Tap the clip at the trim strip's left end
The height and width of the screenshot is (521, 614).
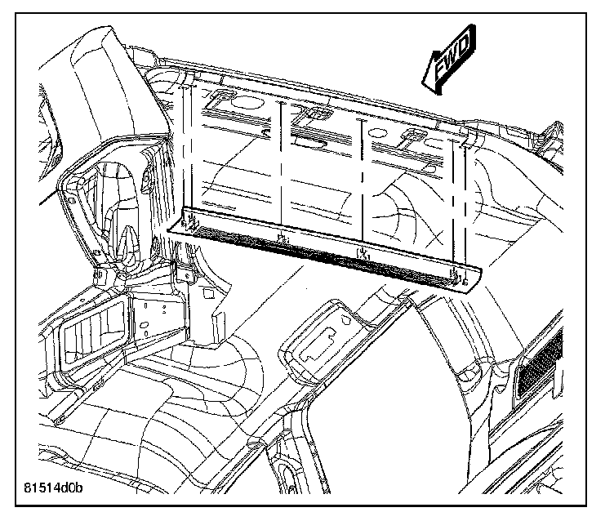[x=192, y=222]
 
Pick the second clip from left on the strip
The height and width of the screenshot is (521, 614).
[x=282, y=238]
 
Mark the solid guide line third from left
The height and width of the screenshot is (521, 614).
[x=361, y=184]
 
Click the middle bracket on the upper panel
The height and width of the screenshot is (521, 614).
[x=314, y=114]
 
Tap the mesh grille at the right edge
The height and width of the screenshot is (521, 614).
[x=539, y=359]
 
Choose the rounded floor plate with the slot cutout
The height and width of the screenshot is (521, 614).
[x=327, y=339]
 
